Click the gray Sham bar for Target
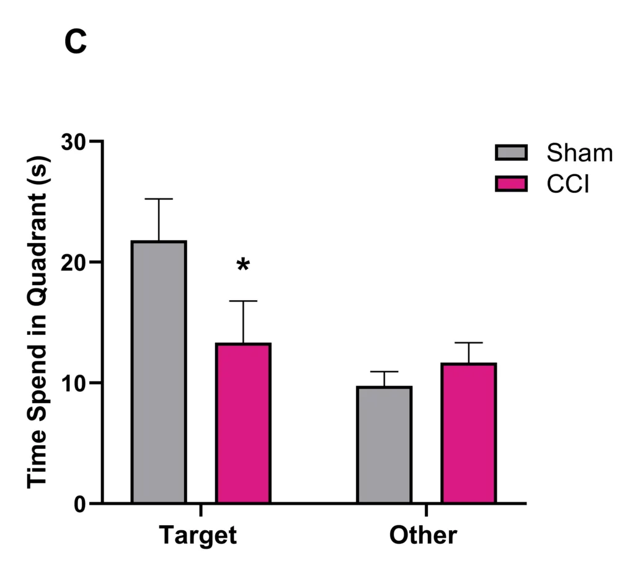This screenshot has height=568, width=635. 159,372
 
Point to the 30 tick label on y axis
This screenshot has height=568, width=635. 74,141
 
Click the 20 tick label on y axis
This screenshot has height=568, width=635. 74,262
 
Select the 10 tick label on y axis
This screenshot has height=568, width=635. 74,383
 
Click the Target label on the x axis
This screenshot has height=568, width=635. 198,535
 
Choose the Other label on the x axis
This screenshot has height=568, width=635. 424,535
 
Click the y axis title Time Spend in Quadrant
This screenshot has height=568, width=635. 38,322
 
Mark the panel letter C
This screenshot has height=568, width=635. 76,42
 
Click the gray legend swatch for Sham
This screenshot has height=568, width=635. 511,153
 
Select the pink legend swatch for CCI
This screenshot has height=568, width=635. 511,184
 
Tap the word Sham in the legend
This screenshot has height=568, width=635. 580,153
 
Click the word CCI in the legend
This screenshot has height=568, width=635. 568,184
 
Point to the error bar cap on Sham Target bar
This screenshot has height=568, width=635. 159,199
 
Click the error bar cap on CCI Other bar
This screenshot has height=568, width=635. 469,342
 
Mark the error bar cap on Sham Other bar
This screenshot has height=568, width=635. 384,371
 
